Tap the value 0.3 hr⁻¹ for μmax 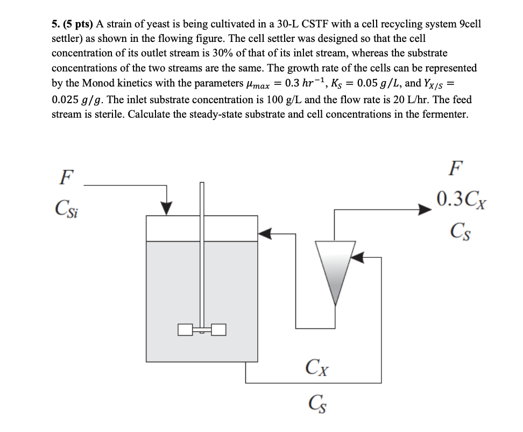click(x=312, y=84)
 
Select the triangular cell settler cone click(x=334, y=269)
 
